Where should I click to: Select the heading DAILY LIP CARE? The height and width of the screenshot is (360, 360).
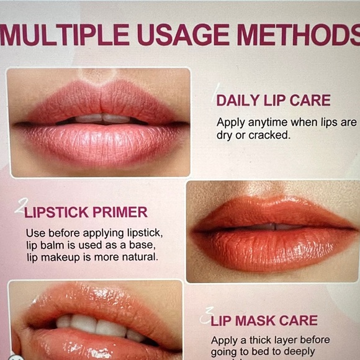[273, 101]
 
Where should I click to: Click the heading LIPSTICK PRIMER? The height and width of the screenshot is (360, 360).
[86, 212]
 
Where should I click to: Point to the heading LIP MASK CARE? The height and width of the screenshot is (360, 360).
[264, 321]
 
